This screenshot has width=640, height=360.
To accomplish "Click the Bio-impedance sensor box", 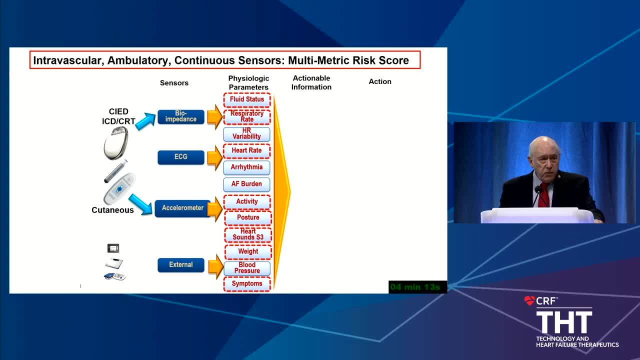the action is pyautogui.click(x=181, y=116).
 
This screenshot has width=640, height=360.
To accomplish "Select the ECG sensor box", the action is pyautogui.click(x=181, y=157).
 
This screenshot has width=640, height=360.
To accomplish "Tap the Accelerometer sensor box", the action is pyautogui.click(x=183, y=208).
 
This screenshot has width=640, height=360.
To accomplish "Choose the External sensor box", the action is pyautogui.click(x=181, y=265).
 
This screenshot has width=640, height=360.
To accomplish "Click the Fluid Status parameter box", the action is pyautogui.click(x=247, y=99).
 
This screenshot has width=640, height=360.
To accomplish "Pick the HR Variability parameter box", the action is pyautogui.click(x=246, y=133).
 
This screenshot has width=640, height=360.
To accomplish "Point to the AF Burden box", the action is pyautogui.click(x=246, y=184).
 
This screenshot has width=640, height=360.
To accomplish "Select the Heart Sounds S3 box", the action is pyautogui.click(x=247, y=234).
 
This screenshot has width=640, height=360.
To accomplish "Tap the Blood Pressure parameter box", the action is pyautogui.click(x=247, y=268).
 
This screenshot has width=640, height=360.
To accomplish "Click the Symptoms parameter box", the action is pyautogui.click(x=247, y=283).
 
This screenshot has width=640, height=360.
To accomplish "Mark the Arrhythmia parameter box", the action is pyautogui.click(x=246, y=167).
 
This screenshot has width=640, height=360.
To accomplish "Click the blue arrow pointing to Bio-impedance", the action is pyautogui.click(x=145, y=121).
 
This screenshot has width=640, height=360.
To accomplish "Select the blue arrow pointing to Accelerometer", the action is pyautogui.click(x=140, y=204).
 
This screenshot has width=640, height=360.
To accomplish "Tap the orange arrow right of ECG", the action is pyautogui.click(x=215, y=157).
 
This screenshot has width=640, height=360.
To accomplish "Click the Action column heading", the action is pyautogui.click(x=379, y=81).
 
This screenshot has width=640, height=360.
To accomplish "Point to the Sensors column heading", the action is pyautogui.click(x=174, y=83).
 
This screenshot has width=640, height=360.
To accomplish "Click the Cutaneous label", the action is pyautogui.click(x=112, y=210).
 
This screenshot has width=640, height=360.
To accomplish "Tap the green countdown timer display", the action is pyautogui.click(x=417, y=287).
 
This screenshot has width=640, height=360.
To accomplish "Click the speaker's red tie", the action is pyautogui.click(x=543, y=195).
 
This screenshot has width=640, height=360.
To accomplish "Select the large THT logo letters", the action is pyautogui.click(x=564, y=322).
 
